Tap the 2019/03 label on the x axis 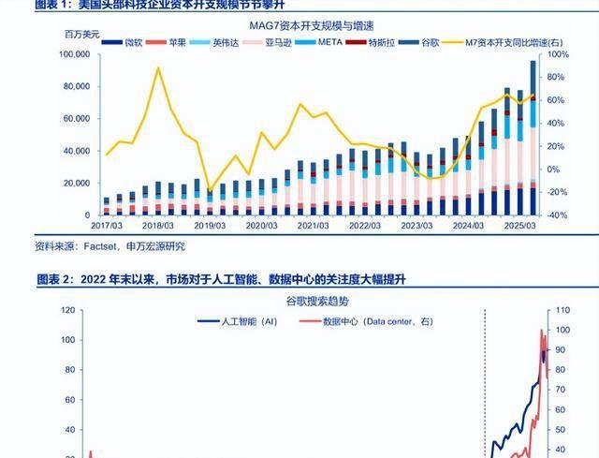(209, 227)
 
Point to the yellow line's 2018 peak (158, 67)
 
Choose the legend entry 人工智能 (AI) (238, 321)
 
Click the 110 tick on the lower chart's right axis (562, 310)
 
